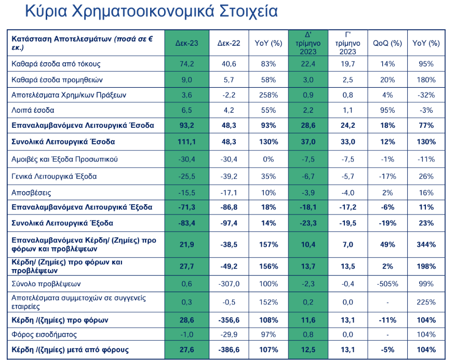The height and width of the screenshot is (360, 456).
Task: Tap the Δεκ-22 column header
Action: pyautogui.click(x=229, y=43)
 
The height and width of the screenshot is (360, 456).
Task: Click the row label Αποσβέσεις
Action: pyautogui.click(x=31, y=192)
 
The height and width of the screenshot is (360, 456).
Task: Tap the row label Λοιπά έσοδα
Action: pyautogui.click(x=33, y=110)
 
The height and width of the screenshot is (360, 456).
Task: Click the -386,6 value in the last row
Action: pyautogui.click(x=229, y=350)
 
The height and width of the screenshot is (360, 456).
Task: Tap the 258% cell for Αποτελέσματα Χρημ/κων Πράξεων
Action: pyautogui.click(x=268, y=95)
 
